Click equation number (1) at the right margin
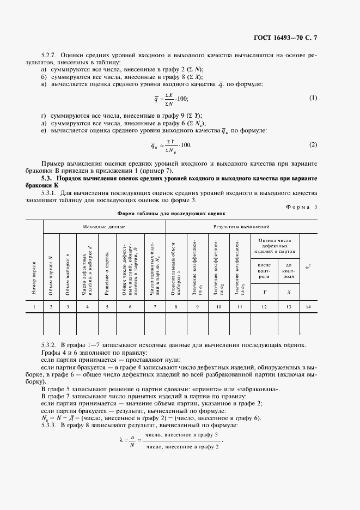coord(313,98)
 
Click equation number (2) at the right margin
coord(313,144)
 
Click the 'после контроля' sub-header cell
coord(264,269)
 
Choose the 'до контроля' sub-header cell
coord(288,269)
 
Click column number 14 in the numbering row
coord(309,307)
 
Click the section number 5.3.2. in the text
coord(49,345)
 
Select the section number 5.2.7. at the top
coord(49,56)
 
